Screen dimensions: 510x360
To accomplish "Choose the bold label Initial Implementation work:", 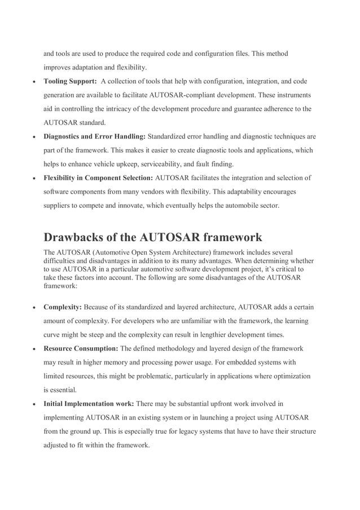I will (89, 404).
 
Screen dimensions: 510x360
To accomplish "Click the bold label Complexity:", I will (63, 307).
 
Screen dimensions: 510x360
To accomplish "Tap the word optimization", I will (286, 376).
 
